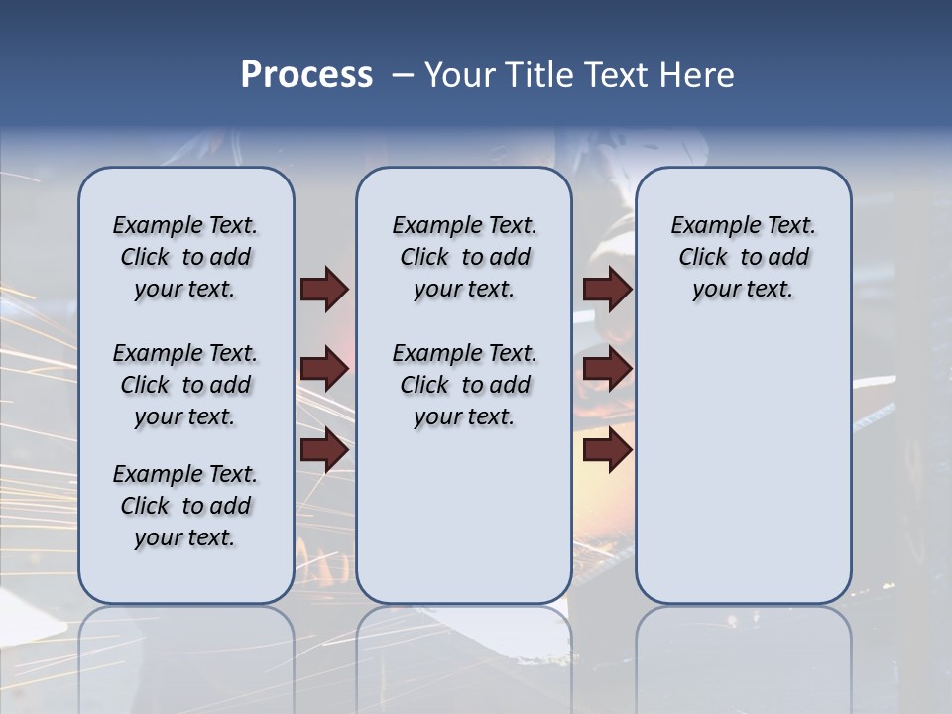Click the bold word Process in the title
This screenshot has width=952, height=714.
coord(306,75)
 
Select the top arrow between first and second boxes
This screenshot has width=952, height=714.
coord(324,289)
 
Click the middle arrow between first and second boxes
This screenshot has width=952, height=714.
coord(324,370)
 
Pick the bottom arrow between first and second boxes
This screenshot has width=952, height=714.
coord(324,450)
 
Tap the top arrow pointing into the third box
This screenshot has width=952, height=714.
coord(607,289)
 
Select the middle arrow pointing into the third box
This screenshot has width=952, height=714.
coord(607,370)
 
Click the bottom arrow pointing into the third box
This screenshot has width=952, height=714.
coord(607,450)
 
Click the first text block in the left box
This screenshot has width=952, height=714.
coord(185,257)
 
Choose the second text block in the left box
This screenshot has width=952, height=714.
coord(185,385)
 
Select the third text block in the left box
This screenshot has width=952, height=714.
coord(185,506)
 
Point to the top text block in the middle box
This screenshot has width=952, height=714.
coord(464,257)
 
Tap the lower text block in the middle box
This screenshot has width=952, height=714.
coord(464,385)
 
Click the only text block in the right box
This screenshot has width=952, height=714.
coord(743,257)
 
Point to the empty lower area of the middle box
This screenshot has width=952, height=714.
coord(464,516)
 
